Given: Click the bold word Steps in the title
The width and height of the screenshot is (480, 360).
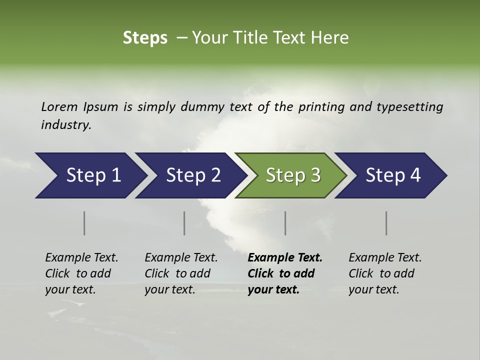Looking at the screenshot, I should [145, 38].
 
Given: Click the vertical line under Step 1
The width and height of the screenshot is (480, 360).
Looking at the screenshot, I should [84, 223].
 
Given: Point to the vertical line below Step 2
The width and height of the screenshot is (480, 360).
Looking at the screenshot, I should [184, 223].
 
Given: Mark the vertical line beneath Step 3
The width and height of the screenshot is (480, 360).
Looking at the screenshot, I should [285, 223].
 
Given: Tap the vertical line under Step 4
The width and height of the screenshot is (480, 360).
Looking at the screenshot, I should [386, 223].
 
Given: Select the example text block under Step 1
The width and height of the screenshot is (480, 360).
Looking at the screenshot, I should [81, 273].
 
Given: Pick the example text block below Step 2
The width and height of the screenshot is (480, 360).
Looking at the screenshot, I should [181, 273].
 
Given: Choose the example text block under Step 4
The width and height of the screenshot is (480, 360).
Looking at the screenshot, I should [385, 273].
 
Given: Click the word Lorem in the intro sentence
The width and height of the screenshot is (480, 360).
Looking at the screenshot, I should [59, 107].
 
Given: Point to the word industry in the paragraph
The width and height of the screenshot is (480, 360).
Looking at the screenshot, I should [66, 125].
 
